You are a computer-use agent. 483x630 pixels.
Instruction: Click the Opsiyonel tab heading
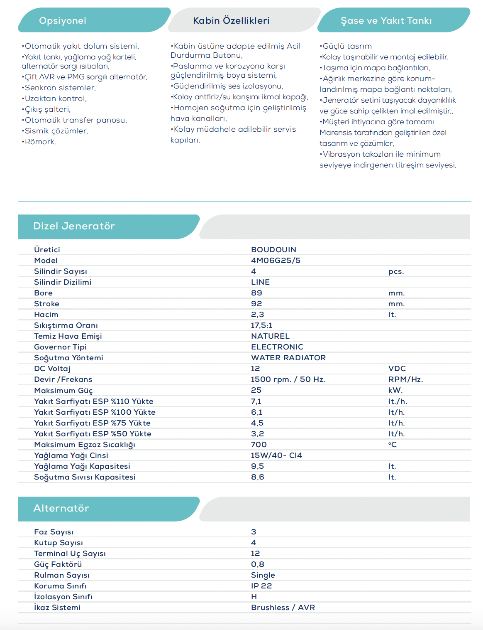63,21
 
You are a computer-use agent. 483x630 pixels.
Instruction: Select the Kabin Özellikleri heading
231,21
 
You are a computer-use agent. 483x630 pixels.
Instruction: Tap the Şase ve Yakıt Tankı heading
386,21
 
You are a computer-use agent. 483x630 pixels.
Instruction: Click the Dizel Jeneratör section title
74,226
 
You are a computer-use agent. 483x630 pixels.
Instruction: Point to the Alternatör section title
61,508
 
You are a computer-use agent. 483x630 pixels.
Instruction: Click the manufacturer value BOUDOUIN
273,250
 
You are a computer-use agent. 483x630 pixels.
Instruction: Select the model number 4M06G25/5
276,261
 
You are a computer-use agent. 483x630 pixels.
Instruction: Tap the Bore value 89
256,293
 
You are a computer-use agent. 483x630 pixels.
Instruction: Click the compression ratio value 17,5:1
261,325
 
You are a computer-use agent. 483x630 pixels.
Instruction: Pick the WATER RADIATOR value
288,358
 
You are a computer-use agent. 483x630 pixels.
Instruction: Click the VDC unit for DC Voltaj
397,369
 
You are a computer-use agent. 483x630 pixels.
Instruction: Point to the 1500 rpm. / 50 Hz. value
288,379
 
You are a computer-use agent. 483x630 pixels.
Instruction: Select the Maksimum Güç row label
63,391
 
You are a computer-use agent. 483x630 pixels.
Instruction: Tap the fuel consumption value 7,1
256,401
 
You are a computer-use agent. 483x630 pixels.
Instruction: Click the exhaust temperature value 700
259,445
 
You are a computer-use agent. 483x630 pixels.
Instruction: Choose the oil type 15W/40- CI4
276,455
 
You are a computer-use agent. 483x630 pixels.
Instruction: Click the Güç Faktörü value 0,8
257,564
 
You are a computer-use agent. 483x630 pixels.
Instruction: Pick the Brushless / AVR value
283,608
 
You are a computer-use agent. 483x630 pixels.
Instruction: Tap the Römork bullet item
40,142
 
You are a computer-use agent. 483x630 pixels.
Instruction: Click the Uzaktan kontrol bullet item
55,98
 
